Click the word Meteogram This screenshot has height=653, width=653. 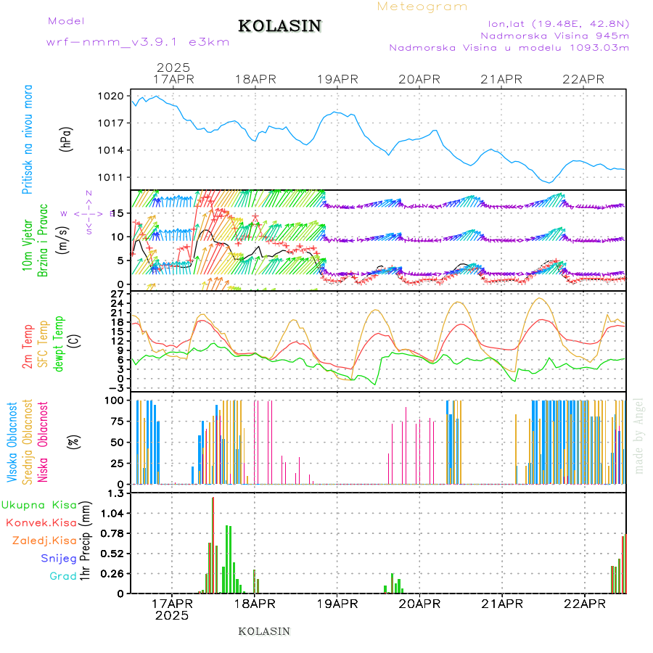[422, 7]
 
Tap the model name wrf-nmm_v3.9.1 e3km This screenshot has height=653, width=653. [137, 42]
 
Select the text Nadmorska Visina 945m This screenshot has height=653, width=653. [554, 35]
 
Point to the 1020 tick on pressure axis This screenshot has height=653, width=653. [112, 96]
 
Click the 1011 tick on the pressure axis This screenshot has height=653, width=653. [112, 178]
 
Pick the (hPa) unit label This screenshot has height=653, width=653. [67, 138]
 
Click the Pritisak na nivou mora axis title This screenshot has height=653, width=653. [28, 139]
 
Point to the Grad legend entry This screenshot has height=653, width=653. [62, 576]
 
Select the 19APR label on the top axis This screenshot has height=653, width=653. [337, 79]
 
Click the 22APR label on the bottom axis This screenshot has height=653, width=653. [584, 603]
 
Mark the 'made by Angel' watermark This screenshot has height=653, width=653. [639, 435]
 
